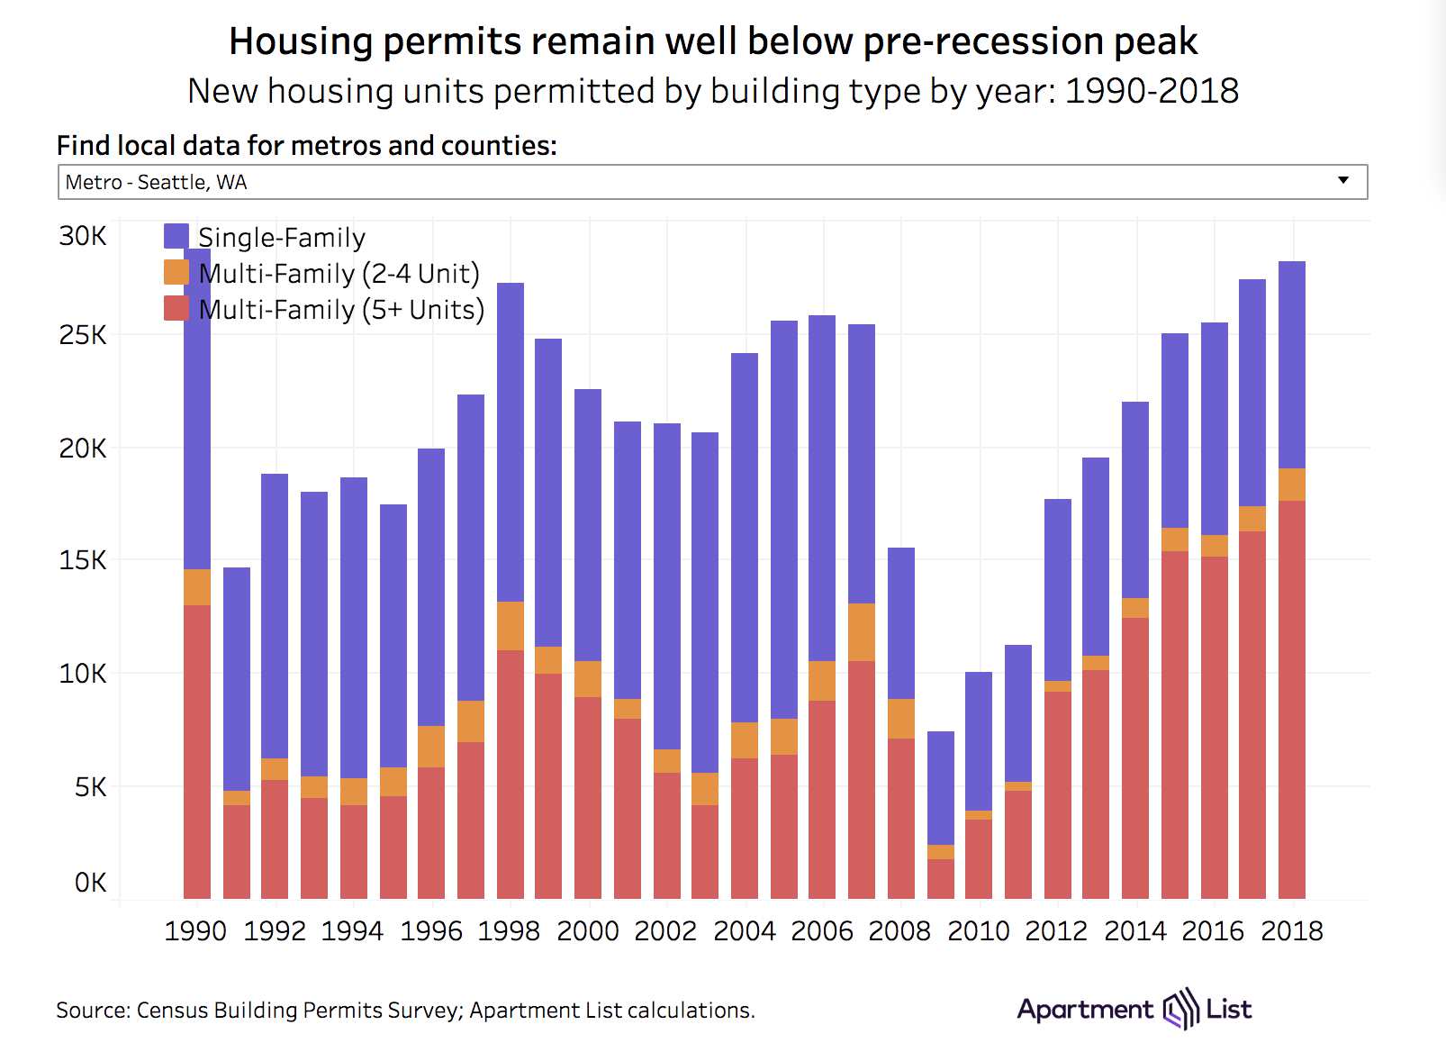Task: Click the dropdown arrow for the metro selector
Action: tap(1342, 180)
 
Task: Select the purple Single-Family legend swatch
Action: tap(176, 237)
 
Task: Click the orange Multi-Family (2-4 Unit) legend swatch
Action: tap(176, 273)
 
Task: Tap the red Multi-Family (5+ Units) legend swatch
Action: tap(176, 309)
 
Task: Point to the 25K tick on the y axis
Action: tap(83, 335)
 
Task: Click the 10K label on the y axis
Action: tap(83, 673)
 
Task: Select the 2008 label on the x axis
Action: tap(899, 930)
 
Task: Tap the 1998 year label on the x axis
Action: tap(509, 930)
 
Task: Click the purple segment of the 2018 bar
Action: tap(1292, 365)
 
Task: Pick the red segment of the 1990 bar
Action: tap(197, 752)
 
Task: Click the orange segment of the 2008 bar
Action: tap(901, 719)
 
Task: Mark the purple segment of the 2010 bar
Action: tap(979, 740)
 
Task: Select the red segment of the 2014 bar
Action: tap(1135, 757)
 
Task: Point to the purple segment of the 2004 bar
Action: tap(745, 537)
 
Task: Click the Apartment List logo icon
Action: tap(1180, 1009)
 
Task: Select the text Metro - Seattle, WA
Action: tap(156, 182)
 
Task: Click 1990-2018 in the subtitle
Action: tap(1152, 91)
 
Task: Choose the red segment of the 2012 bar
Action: tap(1058, 794)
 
